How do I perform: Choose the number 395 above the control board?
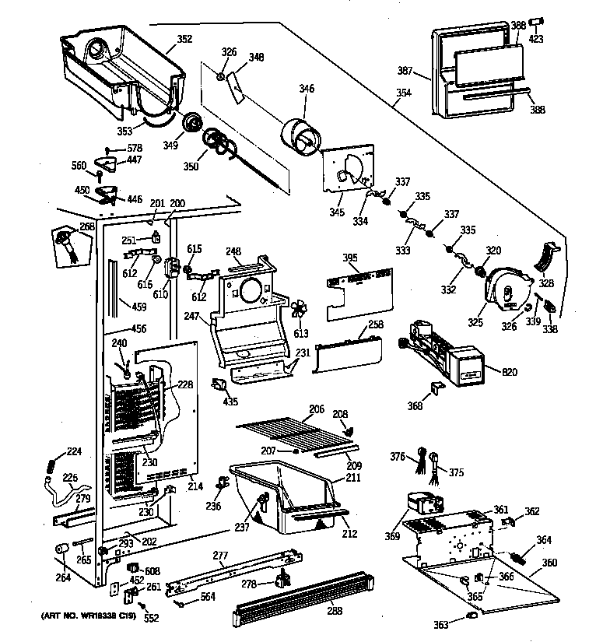[x=351, y=258]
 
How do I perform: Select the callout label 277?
[x=221, y=556]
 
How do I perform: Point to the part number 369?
[x=391, y=535]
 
